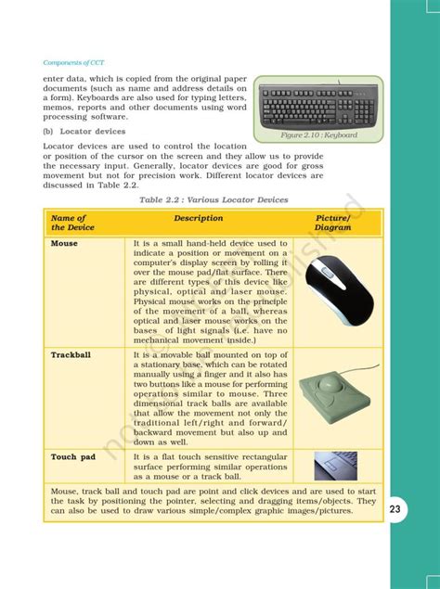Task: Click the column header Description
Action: click(198, 219)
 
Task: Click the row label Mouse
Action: click(64, 244)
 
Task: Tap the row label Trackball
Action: click(71, 354)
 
